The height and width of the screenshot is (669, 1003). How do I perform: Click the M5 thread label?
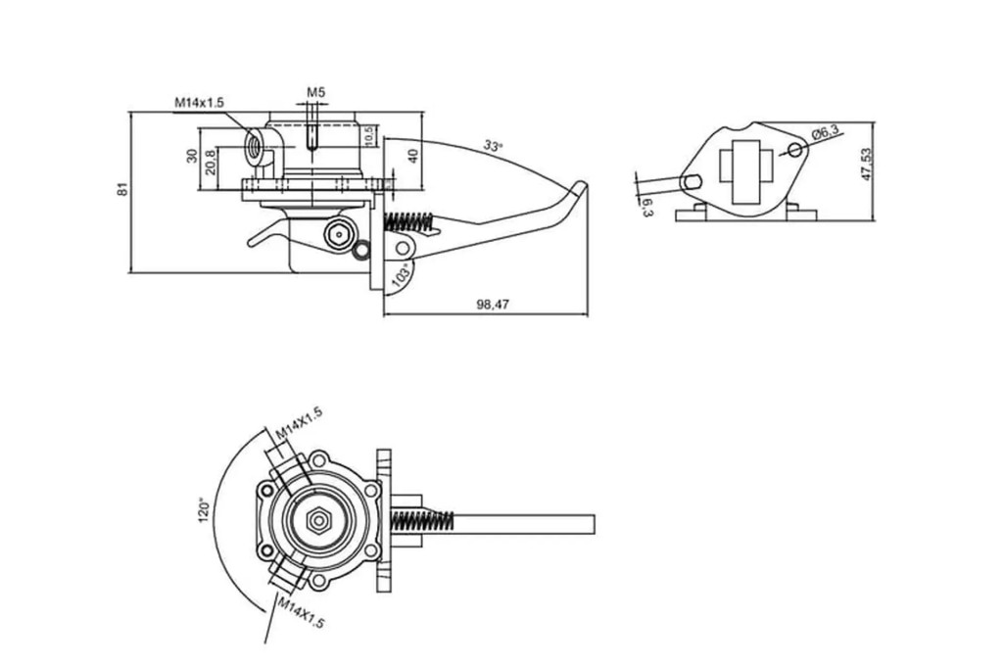(x=315, y=92)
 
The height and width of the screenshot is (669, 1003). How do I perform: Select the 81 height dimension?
(x=122, y=189)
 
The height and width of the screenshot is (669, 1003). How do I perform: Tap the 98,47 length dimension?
(x=493, y=305)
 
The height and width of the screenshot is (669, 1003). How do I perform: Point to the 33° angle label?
(x=493, y=146)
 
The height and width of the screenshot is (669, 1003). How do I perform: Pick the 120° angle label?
(x=204, y=509)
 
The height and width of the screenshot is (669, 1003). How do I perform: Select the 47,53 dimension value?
(x=866, y=165)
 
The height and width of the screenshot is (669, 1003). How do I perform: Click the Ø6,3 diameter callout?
(x=825, y=133)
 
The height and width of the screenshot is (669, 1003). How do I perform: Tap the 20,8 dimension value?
(x=210, y=163)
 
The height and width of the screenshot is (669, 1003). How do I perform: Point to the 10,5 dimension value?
(x=368, y=135)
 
